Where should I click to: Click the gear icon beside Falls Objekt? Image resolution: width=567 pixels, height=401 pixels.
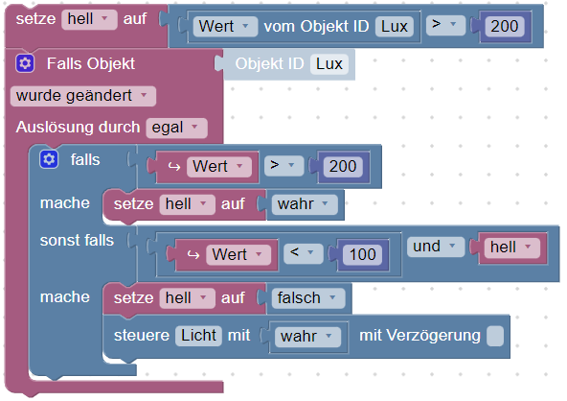click(25, 63)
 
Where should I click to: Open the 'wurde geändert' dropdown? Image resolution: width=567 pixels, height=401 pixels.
click(83, 96)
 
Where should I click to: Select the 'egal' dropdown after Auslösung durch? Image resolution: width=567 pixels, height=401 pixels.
click(176, 128)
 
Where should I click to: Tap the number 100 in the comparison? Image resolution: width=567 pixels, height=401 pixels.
click(362, 254)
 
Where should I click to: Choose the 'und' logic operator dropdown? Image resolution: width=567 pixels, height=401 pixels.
click(436, 247)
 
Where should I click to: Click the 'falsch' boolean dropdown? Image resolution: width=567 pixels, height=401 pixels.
click(308, 298)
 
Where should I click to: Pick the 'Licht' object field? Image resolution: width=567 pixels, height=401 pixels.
click(198, 335)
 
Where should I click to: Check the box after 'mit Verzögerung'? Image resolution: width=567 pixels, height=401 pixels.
click(495, 336)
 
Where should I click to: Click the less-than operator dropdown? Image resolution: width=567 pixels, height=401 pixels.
click(303, 253)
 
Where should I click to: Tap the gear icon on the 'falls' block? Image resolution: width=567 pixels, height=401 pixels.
click(49, 159)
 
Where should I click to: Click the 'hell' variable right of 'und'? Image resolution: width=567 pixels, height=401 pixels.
click(511, 248)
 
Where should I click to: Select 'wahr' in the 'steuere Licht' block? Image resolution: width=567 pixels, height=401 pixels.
click(307, 337)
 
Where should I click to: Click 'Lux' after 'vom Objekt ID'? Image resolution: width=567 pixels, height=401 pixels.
click(395, 27)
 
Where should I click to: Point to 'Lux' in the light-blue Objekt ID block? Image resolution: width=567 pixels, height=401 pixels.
click(329, 64)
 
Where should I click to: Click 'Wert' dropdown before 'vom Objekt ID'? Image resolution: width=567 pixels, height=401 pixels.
click(225, 27)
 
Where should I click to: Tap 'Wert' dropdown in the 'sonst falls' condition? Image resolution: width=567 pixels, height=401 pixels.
click(238, 254)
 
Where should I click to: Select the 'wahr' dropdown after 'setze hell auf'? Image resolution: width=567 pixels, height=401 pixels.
click(305, 204)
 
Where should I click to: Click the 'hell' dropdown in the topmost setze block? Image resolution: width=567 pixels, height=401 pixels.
click(89, 19)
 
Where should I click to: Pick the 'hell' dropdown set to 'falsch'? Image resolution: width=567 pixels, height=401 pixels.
click(187, 298)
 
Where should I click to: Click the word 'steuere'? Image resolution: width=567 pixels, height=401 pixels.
click(142, 336)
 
